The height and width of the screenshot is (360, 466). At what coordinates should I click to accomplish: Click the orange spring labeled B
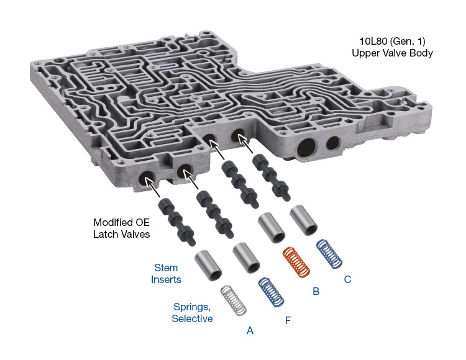296,263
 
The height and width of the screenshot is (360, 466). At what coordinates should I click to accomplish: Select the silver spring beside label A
234,300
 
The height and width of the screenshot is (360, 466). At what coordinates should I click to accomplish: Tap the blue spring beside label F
271,292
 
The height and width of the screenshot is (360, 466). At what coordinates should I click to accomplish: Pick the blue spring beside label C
329,254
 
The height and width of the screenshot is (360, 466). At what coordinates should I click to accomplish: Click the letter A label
250,330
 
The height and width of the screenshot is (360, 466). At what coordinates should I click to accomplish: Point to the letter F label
288,320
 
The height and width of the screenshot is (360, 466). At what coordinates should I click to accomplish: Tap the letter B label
316,291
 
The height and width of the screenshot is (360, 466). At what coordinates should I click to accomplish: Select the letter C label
347,279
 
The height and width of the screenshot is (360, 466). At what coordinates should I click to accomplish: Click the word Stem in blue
166,268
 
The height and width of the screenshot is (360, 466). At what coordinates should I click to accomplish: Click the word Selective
192,318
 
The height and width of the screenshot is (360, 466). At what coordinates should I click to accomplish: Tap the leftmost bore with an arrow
147,179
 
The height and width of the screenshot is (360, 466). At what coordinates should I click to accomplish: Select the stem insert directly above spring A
208,265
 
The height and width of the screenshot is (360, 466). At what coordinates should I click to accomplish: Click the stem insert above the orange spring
272,228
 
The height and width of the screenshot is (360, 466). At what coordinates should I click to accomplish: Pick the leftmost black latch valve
176,222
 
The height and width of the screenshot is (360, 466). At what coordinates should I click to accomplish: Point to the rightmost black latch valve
271,177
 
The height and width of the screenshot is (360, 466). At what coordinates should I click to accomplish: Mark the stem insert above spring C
303,220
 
